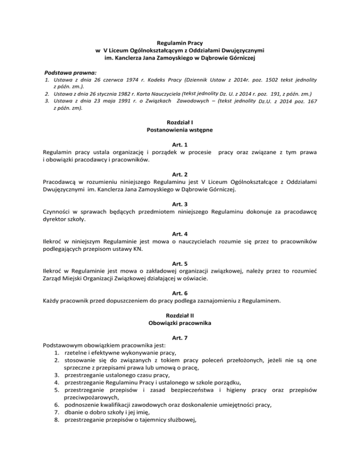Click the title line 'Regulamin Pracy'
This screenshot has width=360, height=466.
click(x=180, y=43)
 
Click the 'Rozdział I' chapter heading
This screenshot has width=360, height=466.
click(x=180, y=123)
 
